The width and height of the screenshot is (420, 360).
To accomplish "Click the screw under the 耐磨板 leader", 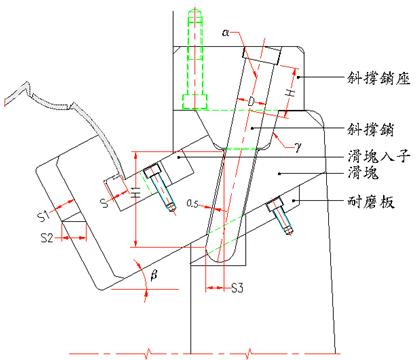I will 281,215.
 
